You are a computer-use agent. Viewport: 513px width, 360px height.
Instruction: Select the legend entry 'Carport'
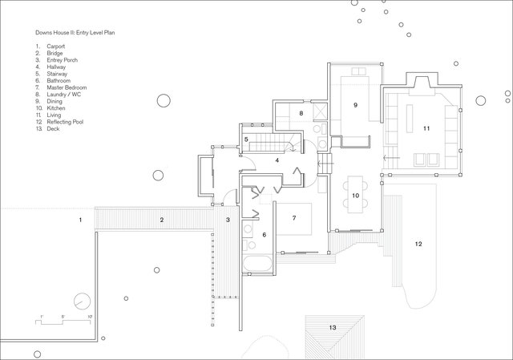[x=55, y=47]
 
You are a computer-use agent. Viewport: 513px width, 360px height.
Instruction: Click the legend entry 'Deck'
[x=53, y=128]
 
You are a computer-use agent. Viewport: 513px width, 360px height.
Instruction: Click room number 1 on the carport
[x=80, y=218]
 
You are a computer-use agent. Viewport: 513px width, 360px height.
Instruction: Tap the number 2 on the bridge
[x=161, y=219]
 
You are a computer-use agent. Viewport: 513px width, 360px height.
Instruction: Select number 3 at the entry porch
[x=228, y=219]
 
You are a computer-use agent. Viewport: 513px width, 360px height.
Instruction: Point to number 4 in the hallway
[x=277, y=160]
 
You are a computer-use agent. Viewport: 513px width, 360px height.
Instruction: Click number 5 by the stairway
[x=247, y=140]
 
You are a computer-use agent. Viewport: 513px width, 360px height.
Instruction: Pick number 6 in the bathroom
[x=264, y=234]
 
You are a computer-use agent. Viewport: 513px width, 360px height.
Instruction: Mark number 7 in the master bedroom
[x=294, y=217]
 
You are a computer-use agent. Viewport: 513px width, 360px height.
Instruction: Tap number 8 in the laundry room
[x=301, y=114]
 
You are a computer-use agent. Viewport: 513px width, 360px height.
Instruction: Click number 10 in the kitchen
[x=355, y=195]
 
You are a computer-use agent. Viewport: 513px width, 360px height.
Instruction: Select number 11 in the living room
[x=426, y=127]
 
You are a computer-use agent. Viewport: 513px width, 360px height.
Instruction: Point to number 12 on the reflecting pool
[x=418, y=242]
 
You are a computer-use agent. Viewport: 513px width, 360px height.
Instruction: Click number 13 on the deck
[x=333, y=327]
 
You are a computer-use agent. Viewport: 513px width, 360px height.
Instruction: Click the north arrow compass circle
[x=81, y=302]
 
